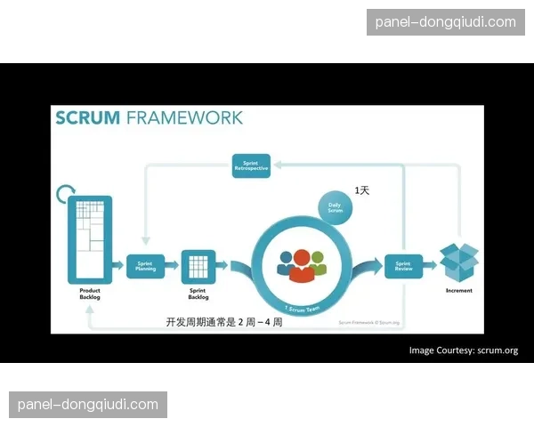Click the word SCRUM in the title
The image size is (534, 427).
click(x=87, y=118)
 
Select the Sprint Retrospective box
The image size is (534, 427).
click(x=251, y=165)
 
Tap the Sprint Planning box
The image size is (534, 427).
click(x=145, y=266)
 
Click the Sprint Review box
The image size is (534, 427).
click(x=402, y=266)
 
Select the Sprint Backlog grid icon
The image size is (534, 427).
click(x=198, y=265)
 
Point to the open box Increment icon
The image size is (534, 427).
click(x=459, y=261)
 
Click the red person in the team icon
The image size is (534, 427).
click(x=302, y=265)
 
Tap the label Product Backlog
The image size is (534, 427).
click(x=90, y=294)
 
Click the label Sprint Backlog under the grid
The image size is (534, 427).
click(x=198, y=294)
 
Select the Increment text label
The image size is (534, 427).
click(x=459, y=291)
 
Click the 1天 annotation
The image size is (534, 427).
click(x=363, y=190)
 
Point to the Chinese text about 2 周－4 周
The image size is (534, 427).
click(x=223, y=322)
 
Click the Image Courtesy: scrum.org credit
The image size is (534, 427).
click(x=463, y=350)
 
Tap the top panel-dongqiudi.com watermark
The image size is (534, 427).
click(x=445, y=21)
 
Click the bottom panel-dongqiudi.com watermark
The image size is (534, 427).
click(x=88, y=405)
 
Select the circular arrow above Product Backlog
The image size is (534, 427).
click(x=65, y=193)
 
